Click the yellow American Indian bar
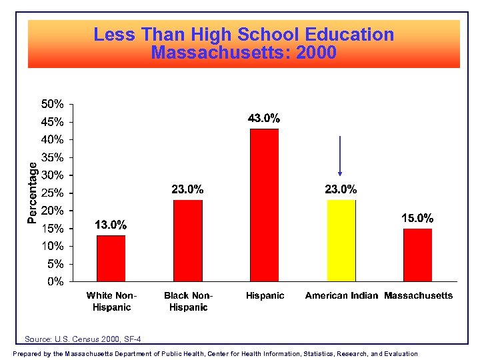coord(341,241)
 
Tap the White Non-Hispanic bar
coord(111,258)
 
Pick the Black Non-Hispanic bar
coord(187,241)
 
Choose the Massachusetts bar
coord(417,255)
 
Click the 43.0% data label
coord(264,119)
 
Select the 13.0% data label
coord(111,225)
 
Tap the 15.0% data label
coord(417,218)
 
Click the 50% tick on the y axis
coord(53,104)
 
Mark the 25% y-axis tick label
coord(53,193)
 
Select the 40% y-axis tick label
coord(53,139)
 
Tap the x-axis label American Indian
coord(341,295)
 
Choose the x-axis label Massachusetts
coord(419,295)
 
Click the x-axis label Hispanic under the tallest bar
coord(265,295)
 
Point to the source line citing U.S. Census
coord(83,339)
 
